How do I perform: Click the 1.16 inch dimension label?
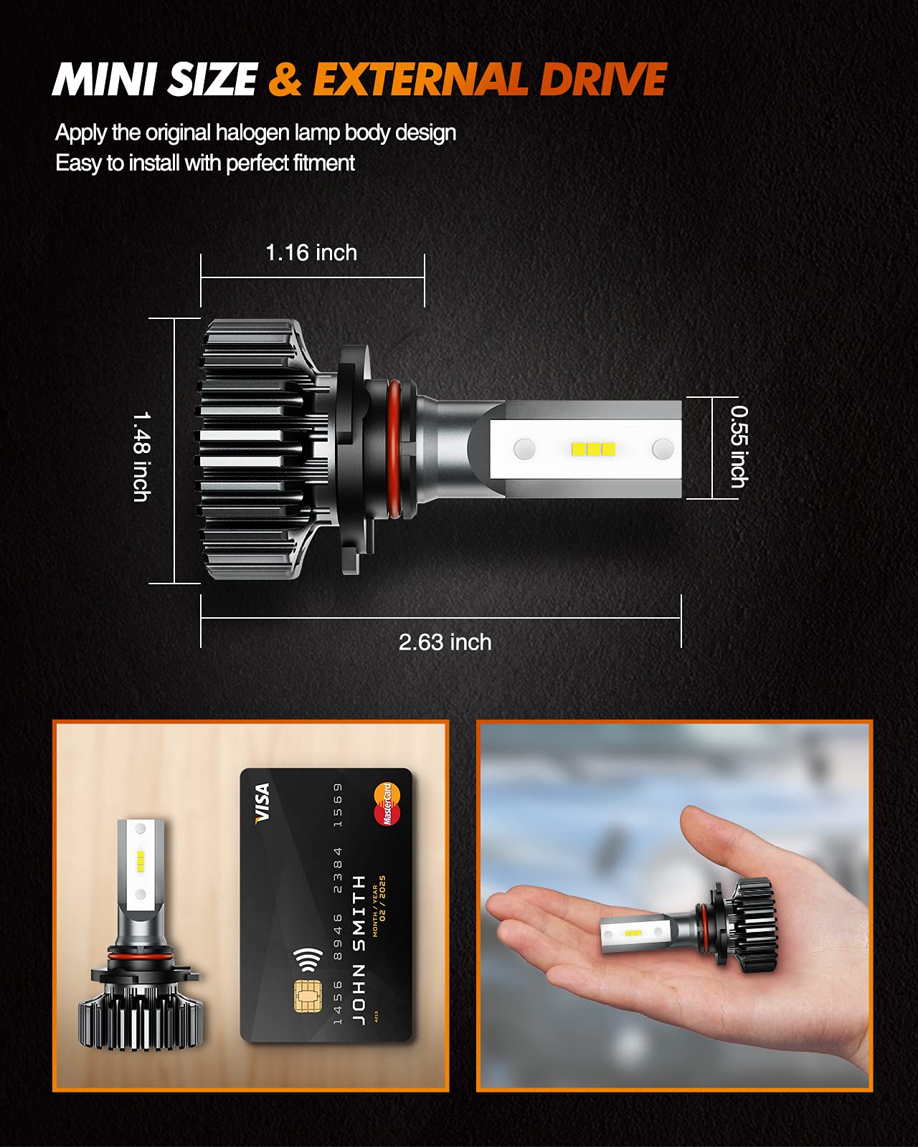pyautogui.click(x=311, y=252)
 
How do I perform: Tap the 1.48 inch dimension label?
pyautogui.click(x=141, y=456)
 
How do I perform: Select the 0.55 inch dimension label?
pyautogui.click(x=739, y=447)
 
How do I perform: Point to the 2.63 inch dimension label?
pyautogui.click(x=445, y=642)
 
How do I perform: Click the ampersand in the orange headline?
pyautogui.click(x=285, y=79)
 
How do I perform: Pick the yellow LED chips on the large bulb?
pyautogui.click(x=593, y=449)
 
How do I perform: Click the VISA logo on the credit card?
pyautogui.click(x=262, y=802)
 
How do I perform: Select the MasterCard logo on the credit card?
pyautogui.click(x=387, y=804)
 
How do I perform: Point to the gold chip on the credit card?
pyautogui.click(x=306, y=996)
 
